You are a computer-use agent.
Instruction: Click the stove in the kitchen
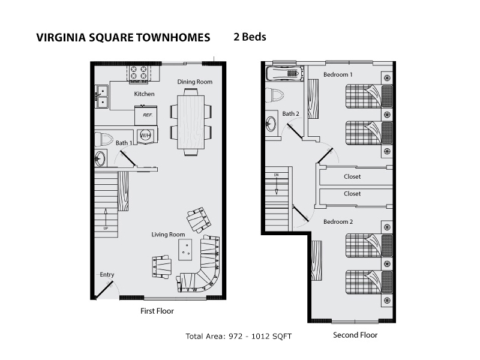pyautogui.click(x=139, y=74)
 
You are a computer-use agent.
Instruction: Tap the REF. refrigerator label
pyautogui.click(x=148, y=115)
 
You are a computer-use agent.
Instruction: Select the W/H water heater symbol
pyautogui.click(x=146, y=135)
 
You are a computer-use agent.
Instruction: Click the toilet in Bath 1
pyautogui.click(x=104, y=139)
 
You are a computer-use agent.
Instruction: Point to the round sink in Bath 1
pyautogui.click(x=100, y=158)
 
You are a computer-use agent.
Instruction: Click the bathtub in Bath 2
pyautogui.click(x=284, y=73)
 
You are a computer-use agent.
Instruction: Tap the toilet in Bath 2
pyautogui.click(x=274, y=95)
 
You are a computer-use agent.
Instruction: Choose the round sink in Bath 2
pyautogui.click(x=271, y=124)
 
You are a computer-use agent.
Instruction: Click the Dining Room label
pyautogui.click(x=194, y=82)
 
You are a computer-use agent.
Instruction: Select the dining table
pyautogui.click(x=191, y=122)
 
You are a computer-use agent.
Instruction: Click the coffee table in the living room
pyautogui.click(x=185, y=250)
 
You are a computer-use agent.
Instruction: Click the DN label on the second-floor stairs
pyautogui.click(x=277, y=175)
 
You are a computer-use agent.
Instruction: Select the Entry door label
pyautogui.click(x=107, y=275)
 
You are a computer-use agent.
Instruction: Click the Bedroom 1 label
pyautogui.click(x=338, y=74)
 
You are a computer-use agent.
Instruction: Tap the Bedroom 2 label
pyautogui.click(x=338, y=221)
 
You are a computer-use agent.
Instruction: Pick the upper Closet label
pyautogui.click(x=352, y=176)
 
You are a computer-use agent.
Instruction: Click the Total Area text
pyautogui.click(x=238, y=337)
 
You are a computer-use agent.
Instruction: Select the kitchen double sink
pyautogui.click(x=101, y=97)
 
